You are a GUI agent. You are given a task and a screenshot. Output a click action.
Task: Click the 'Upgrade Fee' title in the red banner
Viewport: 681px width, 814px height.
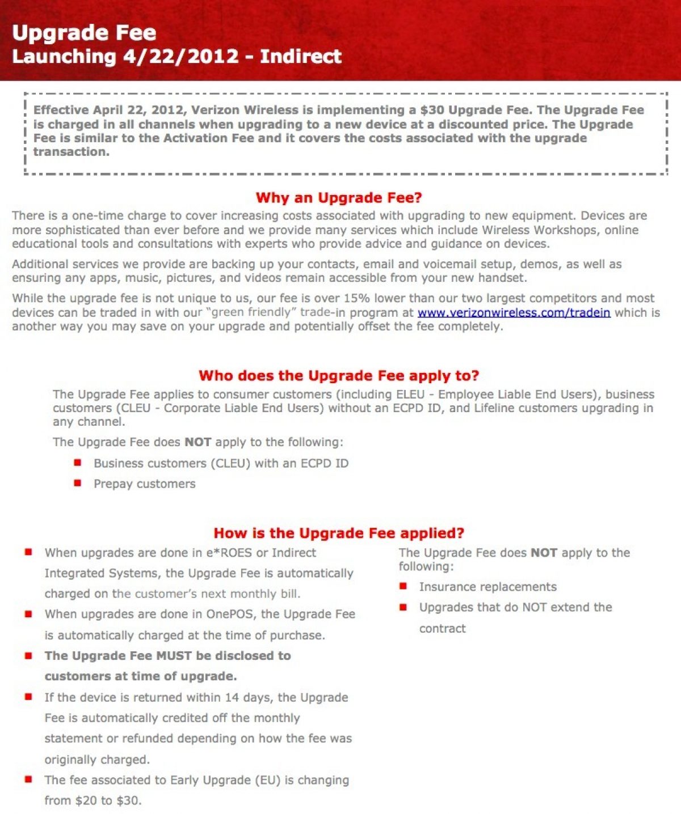click(84, 32)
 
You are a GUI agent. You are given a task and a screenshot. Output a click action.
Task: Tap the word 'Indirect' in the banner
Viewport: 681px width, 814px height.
click(301, 56)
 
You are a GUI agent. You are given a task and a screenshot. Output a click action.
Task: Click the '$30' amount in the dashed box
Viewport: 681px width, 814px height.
click(432, 110)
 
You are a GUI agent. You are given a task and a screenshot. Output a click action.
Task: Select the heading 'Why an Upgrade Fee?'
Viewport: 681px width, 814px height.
click(339, 198)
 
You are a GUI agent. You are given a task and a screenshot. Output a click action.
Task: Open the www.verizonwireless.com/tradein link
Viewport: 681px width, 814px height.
click(514, 312)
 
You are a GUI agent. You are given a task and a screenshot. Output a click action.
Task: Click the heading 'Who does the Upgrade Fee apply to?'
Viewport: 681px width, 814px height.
click(339, 376)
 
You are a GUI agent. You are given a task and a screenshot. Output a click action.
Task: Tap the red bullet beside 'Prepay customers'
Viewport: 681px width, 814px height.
click(78, 483)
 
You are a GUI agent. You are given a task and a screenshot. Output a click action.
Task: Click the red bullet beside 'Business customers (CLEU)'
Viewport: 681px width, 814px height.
click(78, 463)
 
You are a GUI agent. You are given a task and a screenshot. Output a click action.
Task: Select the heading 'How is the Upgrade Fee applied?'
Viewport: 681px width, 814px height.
click(339, 533)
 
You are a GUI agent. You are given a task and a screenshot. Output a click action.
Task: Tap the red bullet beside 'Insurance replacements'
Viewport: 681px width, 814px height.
click(403, 586)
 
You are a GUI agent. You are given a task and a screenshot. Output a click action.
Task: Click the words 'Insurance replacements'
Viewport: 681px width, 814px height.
click(487, 587)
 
